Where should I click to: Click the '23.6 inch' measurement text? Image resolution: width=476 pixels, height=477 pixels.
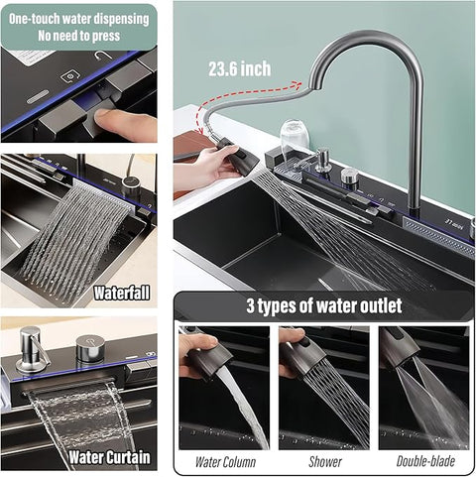(239, 69)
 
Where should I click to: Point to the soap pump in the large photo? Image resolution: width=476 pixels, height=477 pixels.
(322, 164)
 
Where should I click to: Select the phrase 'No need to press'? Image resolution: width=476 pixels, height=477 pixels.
(78, 35)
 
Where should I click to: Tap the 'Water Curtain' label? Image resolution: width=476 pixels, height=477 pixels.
(110, 458)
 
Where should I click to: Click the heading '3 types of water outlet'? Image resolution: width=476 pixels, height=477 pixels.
(323, 304)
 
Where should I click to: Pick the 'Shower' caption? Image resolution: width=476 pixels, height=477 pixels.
(324, 461)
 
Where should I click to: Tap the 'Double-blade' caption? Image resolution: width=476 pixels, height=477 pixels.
(425, 461)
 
